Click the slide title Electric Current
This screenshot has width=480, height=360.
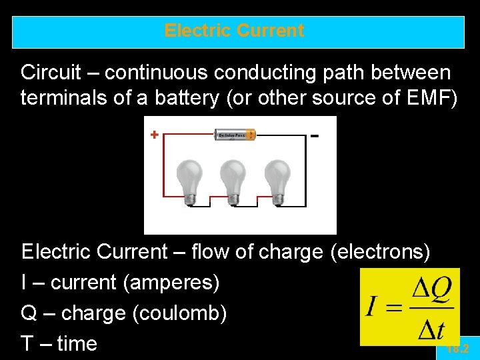(x=234, y=31)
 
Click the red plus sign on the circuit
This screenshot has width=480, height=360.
(x=154, y=135)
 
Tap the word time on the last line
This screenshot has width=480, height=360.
(x=77, y=344)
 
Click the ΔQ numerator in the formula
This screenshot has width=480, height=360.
(x=431, y=290)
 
